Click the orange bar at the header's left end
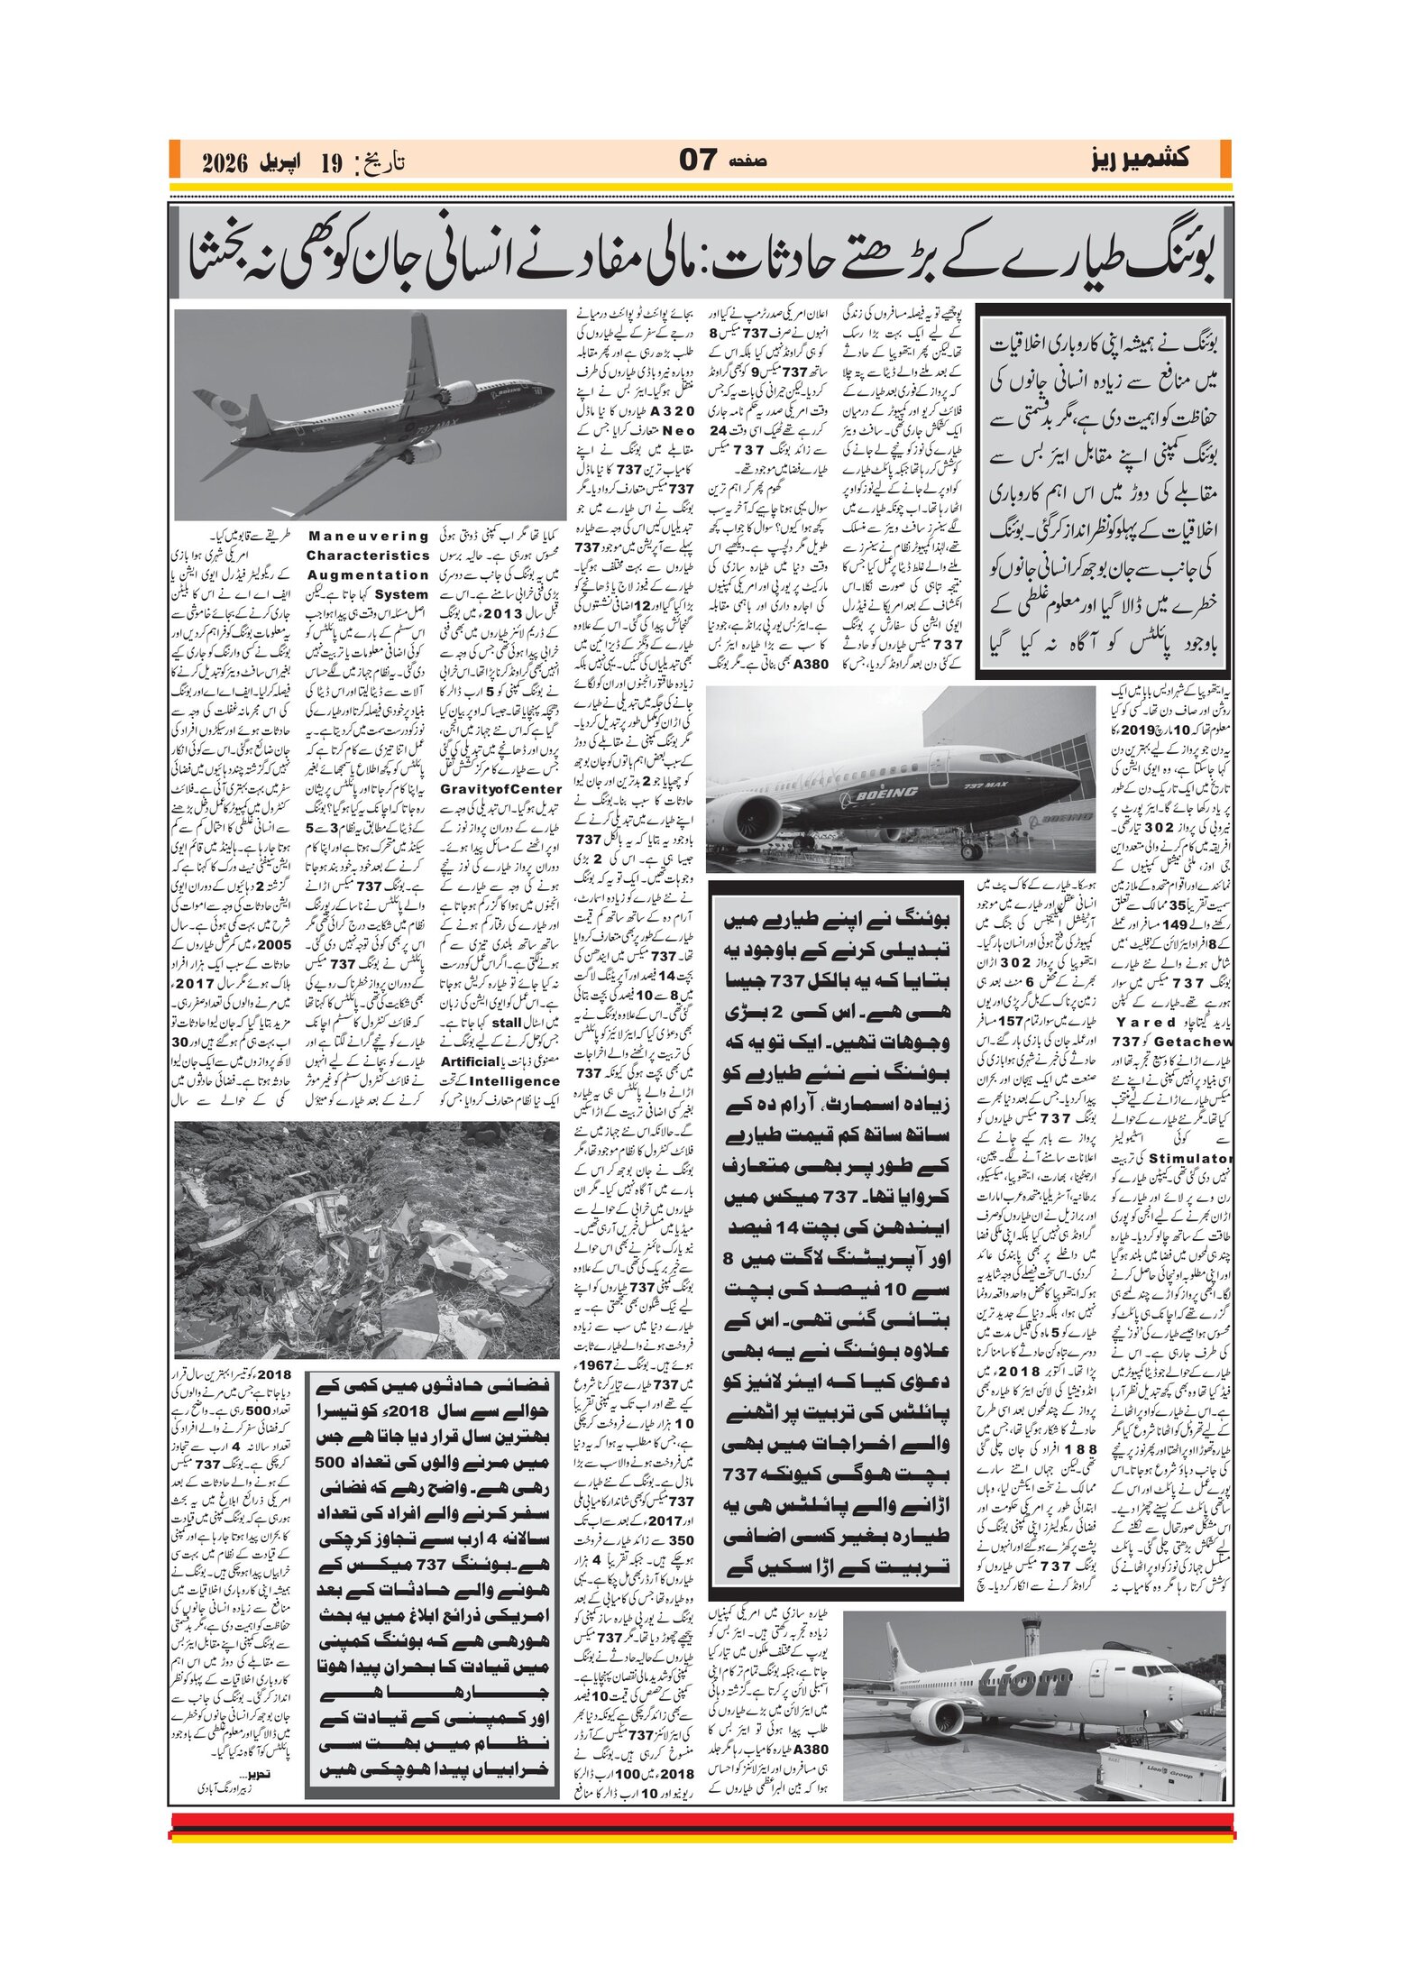173,160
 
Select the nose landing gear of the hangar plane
971,848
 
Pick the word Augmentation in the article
368,575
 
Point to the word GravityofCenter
500,789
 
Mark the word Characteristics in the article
368,556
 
